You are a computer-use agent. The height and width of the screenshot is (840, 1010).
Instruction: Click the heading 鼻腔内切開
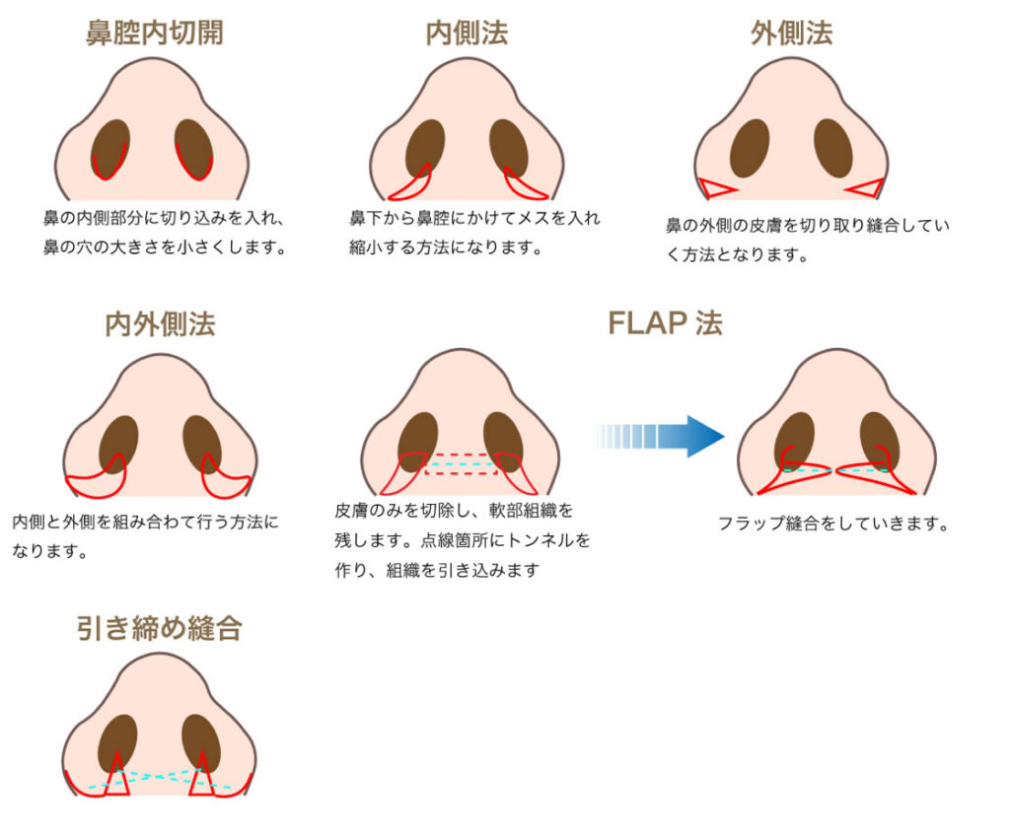(154, 33)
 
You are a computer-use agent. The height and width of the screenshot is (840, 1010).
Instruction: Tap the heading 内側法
(467, 33)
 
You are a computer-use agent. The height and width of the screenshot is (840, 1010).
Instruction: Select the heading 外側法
(791, 33)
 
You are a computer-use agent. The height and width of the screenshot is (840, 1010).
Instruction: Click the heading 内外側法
(160, 323)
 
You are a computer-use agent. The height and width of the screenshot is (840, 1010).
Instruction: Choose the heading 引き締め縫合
(159, 628)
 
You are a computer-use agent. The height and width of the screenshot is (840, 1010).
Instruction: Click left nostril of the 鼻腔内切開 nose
(110, 148)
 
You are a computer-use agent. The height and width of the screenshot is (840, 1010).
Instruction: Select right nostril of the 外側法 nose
(832, 148)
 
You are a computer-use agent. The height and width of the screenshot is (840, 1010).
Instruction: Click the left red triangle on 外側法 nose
(716, 187)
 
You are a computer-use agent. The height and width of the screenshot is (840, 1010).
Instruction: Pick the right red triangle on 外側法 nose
(866, 187)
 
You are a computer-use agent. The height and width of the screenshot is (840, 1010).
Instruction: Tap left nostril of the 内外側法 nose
(118, 444)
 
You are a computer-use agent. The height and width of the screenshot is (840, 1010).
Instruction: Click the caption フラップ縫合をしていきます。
(833, 525)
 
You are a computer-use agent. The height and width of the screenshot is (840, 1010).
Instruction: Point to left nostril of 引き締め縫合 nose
(118, 741)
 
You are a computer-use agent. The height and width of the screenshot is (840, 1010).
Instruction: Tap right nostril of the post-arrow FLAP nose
(878, 439)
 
